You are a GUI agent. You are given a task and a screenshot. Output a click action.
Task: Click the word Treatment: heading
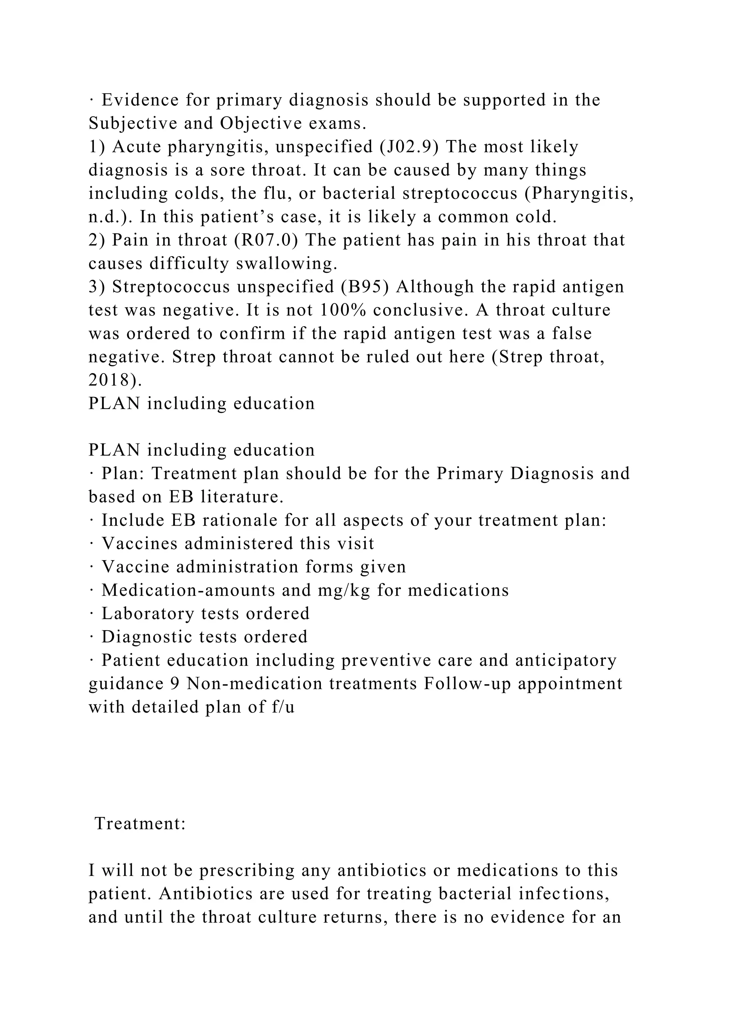[140, 823]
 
